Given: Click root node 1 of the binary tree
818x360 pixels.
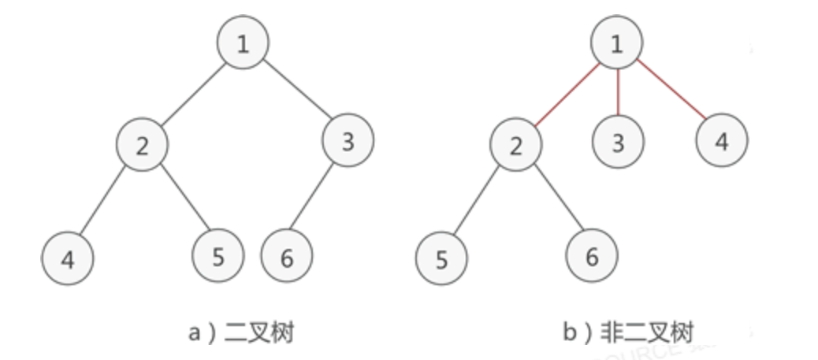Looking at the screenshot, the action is tap(243, 43).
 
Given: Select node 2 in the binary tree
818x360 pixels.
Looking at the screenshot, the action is tap(141, 146).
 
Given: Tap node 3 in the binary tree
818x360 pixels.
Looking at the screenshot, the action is tap(348, 140).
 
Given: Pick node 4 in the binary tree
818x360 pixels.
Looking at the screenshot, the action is tap(68, 258).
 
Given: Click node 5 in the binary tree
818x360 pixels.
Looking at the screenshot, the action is tap(218, 257).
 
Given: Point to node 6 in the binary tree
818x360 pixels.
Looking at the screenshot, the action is tap(286, 257).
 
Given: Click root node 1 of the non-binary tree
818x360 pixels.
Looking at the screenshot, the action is tap(616, 43).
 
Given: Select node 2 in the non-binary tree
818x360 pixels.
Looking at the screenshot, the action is tap(515, 146).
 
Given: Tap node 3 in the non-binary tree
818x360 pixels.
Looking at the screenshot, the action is tap(618, 142).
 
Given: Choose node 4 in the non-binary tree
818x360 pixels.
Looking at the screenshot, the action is tap(721, 142).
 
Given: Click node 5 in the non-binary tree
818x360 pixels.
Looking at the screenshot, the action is tap(441, 258).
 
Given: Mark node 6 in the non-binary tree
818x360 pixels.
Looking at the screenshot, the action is tap(591, 257).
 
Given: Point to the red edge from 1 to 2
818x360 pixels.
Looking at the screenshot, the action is tap(566, 94).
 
